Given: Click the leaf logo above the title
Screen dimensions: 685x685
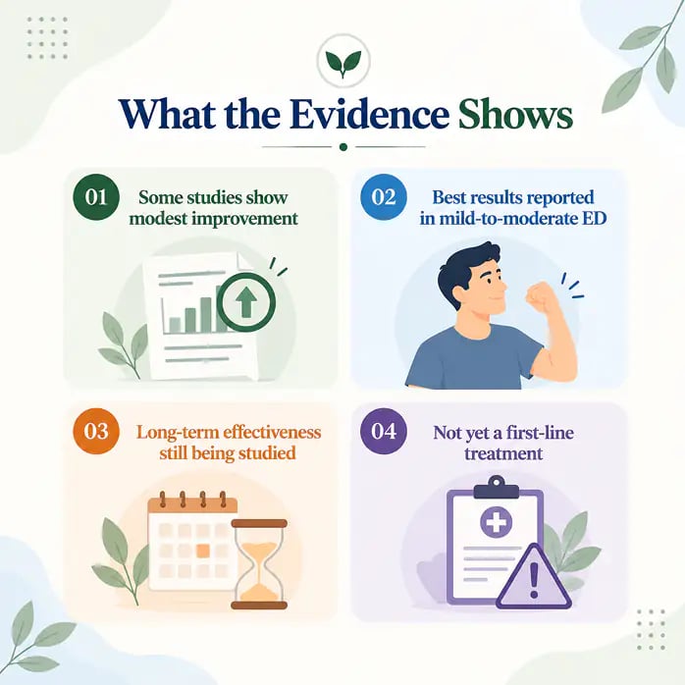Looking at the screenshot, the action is click(x=343, y=61).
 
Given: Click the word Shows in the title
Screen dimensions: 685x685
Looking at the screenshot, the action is click(x=515, y=115).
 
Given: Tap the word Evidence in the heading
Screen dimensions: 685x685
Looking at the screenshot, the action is click(x=370, y=115).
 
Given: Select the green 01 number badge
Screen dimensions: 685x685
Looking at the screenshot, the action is click(x=96, y=196).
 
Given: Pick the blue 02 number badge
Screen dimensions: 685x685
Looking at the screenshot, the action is click(x=384, y=196).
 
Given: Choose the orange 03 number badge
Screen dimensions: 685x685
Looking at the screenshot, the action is click(x=96, y=431).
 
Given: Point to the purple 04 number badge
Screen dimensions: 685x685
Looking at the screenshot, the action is click(x=384, y=431).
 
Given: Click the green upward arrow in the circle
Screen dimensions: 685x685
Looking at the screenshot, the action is click(x=246, y=302).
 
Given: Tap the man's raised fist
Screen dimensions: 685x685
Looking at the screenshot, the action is click(x=540, y=297).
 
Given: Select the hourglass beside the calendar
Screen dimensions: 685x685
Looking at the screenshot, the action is click(x=259, y=564).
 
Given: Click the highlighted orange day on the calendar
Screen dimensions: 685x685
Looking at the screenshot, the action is click(x=203, y=551).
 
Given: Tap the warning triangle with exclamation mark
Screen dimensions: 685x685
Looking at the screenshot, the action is click(x=534, y=577).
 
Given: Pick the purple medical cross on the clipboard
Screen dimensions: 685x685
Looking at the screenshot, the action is click(x=496, y=522).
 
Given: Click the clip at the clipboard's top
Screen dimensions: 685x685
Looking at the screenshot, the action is click(x=497, y=488).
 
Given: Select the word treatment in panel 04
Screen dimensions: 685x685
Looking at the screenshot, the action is click(x=503, y=453).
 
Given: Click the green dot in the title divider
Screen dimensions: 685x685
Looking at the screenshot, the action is click(x=343, y=147).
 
